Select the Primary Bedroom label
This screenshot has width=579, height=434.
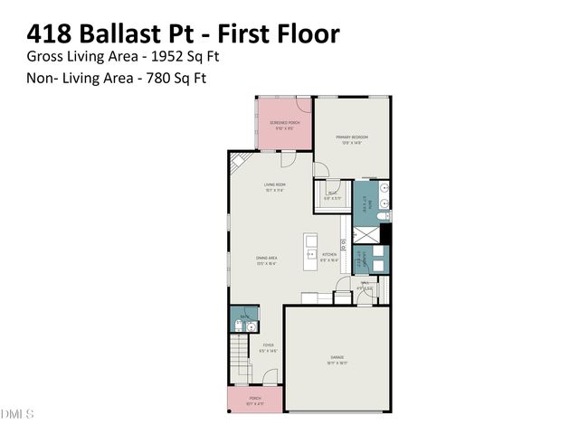(x=352, y=138)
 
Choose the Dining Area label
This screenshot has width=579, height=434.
(x=266, y=259)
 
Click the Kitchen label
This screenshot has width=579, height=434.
(x=329, y=256)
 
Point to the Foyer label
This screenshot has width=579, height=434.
(x=268, y=346)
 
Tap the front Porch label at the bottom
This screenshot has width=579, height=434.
(x=255, y=401)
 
